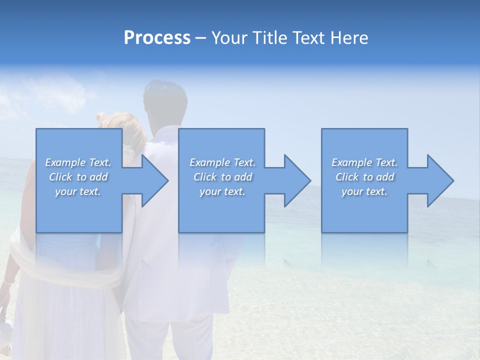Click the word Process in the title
click(157, 38)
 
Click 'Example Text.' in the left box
click(78, 162)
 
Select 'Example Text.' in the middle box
click(222, 162)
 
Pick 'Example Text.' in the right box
click(364, 162)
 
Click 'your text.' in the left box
click(78, 191)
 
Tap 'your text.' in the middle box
click(222, 191)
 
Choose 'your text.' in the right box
click(364, 191)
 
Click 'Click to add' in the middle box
click(222, 177)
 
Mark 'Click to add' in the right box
click(364, 177)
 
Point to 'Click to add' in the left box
click(78, 177)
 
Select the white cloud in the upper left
click(75, 92)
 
